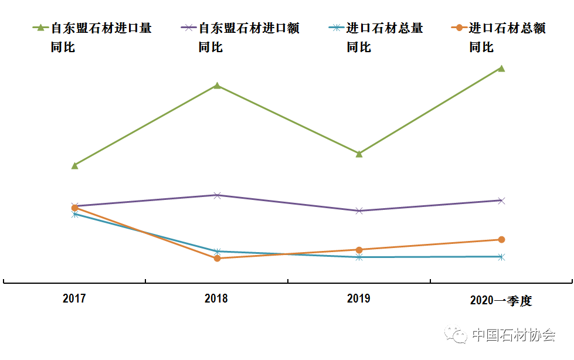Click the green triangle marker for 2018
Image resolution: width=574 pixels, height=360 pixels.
coord(217,86)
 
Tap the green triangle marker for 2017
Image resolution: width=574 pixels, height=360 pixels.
coord(74,165)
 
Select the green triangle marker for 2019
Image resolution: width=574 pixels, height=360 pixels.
coord(359,154)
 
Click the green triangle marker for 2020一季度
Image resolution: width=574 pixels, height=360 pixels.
coord(501,68)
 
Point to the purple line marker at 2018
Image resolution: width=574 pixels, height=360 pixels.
coord(217,195)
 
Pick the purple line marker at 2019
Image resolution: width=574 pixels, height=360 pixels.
coord(359,210)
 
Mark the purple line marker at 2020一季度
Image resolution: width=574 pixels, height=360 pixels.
coord(501,201)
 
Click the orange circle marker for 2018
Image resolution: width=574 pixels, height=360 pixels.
coord(217,258)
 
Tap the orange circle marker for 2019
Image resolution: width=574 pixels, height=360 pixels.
coord(359,250)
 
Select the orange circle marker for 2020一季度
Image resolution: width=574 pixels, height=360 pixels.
coord(501,239)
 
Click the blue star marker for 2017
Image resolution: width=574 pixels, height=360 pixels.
coord(74,214)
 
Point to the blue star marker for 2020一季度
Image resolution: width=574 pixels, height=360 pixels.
coord(501,257)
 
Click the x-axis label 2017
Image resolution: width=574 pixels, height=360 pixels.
coord(74,299)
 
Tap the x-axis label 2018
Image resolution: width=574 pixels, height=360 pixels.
coord(216,299)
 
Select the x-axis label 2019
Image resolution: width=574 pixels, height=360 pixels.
coord(359,299)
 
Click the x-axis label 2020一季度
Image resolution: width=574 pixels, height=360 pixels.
coord(501,301)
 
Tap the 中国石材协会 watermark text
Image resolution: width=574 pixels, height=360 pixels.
coord(513,335)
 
